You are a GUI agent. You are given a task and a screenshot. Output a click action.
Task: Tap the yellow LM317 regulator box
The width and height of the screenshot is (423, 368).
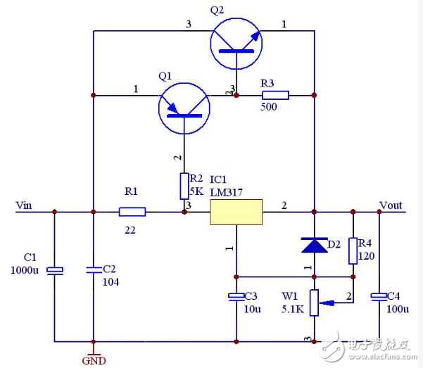(x=236, y=211)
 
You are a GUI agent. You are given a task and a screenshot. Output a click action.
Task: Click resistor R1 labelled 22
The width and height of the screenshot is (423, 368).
(x=132, y=211)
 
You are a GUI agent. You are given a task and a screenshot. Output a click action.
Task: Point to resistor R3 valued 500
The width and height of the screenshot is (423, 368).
(x=275, y=95)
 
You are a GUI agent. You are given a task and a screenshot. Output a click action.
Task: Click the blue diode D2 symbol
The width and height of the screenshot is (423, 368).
(x=314, y=245)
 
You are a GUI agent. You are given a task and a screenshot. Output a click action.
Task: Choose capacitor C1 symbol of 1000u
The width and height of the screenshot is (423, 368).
(x=54, y=270)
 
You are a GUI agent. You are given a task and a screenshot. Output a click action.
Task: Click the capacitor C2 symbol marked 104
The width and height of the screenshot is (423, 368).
(x=93, y=269)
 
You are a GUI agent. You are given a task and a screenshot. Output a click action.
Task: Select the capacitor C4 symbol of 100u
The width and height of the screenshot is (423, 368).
(x=379, y=297)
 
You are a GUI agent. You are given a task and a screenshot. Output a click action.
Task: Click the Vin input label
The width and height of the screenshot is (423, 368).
(x=25, y=205)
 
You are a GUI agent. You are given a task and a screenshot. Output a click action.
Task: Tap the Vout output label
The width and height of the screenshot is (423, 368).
(x=390, y=205)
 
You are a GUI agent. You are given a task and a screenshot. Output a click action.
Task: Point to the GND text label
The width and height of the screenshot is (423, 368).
(x=94, y=361)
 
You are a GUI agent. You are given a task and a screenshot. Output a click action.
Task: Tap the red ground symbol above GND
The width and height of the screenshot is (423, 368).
(x=93, y=350)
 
